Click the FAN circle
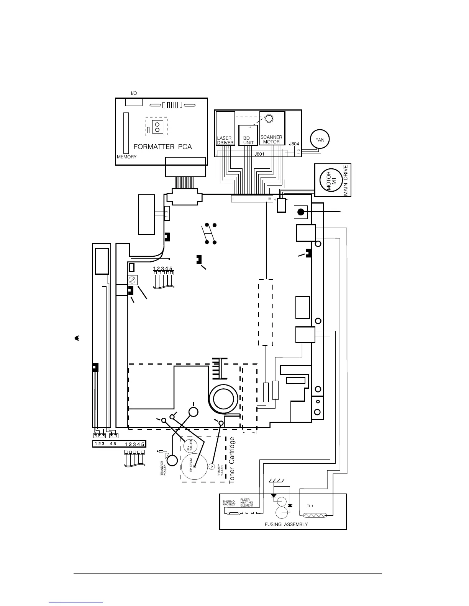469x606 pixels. tap(320, 140)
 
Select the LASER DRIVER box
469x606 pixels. tap(225, 128)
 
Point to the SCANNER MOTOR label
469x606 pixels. tap(271, 139)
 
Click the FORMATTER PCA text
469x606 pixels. tap(162, 147)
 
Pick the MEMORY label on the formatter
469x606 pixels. tap(126, 157)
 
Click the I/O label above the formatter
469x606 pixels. tap(134, 93)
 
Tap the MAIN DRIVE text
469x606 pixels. tap(346, 180)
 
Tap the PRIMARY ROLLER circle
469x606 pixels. tap(211, 467)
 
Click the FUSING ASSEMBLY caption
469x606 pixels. tap(286, 524)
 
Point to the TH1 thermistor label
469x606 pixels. tap(310, 506)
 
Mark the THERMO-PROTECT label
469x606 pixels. tap(230, 503)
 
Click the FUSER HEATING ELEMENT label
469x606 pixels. tap(246, 503)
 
